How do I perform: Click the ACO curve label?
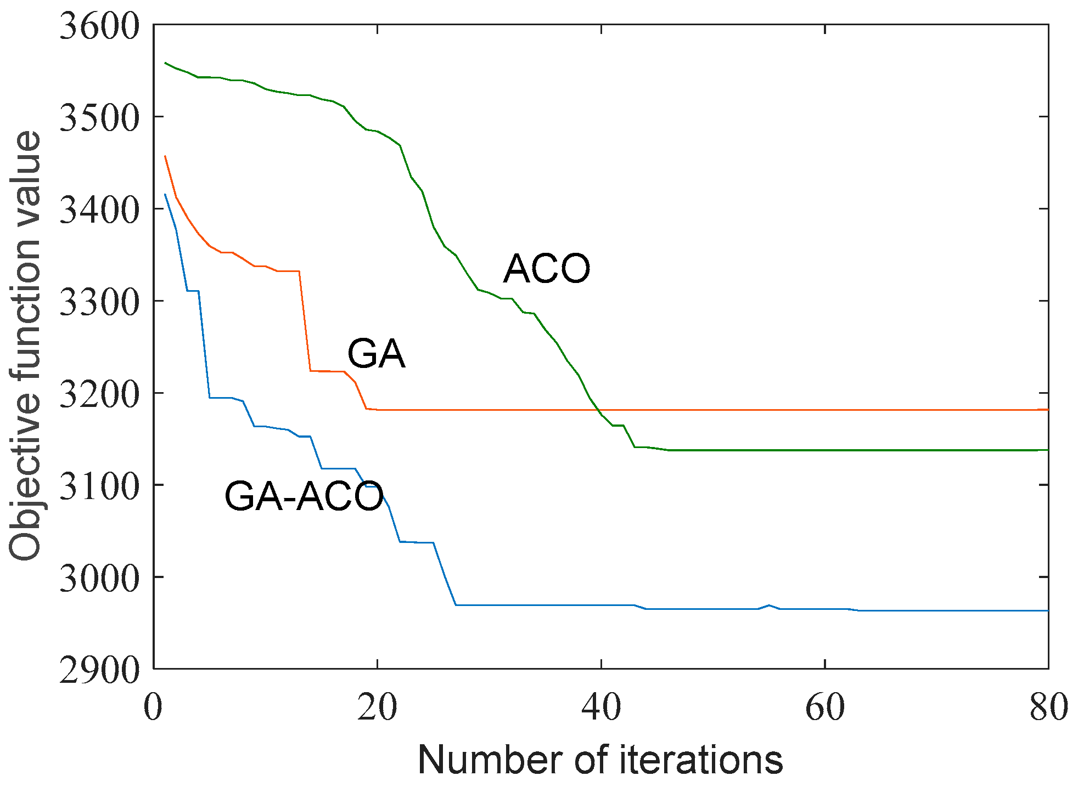pos(547,269)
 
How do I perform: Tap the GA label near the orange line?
pos(377,354)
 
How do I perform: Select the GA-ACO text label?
pos(304,496)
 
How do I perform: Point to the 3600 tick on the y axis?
pos(99,26)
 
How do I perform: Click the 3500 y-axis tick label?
pos(99,117)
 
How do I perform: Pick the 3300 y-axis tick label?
pos(99,302)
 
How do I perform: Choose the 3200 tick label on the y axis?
pos(99,394)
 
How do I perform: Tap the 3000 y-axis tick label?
pos(99,577)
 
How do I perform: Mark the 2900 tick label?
pos(99,670)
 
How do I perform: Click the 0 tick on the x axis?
pos(153,707)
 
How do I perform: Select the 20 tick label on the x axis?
pos(377,707)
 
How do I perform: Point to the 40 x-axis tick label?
pos(601,707)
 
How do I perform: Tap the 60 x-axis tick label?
pos(825,707)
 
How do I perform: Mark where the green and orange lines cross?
pos(598,410)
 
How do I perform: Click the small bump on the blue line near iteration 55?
pos(769,605)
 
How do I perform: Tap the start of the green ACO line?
pos(165,63)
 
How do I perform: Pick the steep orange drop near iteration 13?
pos(305,321)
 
